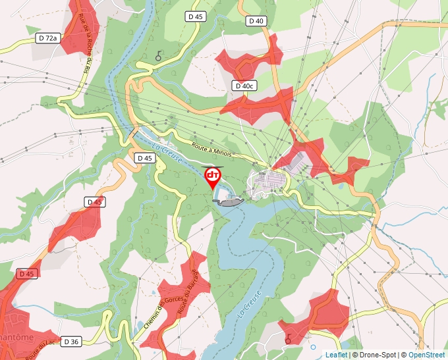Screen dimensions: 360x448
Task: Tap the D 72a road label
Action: coord(48,38)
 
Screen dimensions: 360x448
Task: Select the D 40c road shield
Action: coord(244,86)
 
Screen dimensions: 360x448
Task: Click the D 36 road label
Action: coord(71,342)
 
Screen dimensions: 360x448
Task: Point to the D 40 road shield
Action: coord(256,21)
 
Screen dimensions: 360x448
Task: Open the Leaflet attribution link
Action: coord(336,355)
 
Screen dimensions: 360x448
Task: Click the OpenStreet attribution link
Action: coord(427,355)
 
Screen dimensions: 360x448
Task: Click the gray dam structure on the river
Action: coord(230,202)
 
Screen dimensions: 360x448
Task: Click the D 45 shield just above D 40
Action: coord(196,16)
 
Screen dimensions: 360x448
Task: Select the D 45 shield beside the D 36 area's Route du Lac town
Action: coord(26,273)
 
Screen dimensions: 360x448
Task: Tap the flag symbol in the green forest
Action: coord(158,57)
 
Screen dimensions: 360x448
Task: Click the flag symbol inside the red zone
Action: coord(288,338)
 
